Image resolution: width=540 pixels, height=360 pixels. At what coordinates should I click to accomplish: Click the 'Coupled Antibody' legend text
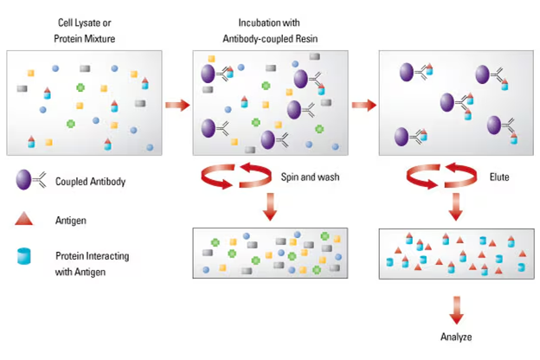pos(91,182)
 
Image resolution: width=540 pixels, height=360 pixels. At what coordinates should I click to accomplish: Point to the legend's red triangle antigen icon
pos(23,219)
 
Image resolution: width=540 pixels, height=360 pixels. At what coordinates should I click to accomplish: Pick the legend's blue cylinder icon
pos(23,257)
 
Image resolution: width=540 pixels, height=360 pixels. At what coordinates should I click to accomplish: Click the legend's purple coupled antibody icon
pos(23,180)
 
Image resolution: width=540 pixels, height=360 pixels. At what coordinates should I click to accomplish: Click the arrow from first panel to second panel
pos(177,105)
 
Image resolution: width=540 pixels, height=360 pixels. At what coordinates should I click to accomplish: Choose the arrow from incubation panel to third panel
pos(364,105)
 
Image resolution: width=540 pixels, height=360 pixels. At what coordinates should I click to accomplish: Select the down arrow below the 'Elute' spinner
pos(455,209)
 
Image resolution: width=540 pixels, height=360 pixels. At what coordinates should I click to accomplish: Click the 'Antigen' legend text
pos(73,220)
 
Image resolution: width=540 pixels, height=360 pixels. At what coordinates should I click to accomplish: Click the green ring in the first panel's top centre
pos(80,87)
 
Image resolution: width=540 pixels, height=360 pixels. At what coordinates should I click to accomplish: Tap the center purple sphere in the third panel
pos(447,103)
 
